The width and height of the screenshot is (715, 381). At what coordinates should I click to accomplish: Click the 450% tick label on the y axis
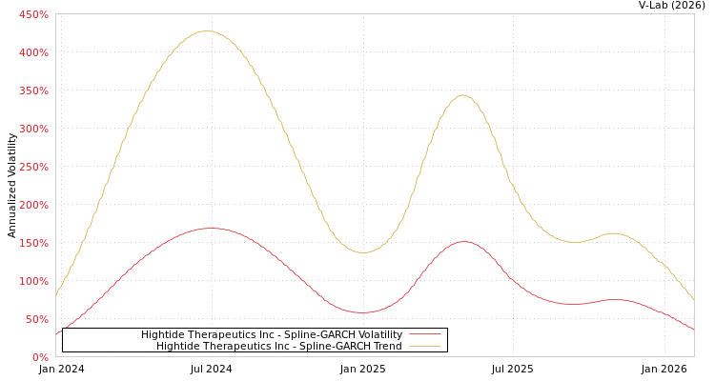33,14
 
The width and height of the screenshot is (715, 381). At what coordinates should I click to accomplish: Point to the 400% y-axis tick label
33,52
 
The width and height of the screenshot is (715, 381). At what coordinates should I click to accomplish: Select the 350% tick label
33,90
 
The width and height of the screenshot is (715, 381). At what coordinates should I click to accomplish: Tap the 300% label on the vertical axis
33,129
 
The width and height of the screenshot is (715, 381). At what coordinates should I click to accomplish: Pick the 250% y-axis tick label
33,167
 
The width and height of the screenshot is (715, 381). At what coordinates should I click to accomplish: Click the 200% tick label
33,205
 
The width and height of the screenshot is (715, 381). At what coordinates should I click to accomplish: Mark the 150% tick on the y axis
33,243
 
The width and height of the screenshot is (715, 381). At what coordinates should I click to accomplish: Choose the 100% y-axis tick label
33,281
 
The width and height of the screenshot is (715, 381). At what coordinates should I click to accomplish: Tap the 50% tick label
35,319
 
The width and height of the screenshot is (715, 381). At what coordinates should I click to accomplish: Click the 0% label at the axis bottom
40,357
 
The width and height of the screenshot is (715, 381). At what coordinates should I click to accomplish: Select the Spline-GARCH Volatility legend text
272,334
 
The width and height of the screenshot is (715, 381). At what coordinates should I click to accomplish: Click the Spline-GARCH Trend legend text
279,346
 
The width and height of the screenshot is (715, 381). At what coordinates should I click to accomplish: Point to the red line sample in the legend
425,334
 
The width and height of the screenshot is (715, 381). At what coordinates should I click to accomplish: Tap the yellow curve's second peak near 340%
463,95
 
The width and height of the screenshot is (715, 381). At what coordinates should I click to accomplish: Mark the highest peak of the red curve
210,229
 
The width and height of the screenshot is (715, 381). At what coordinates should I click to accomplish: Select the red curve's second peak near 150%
463,242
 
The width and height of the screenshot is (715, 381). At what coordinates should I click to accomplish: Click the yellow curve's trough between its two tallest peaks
363,252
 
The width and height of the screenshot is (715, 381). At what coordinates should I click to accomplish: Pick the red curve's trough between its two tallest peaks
362,312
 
